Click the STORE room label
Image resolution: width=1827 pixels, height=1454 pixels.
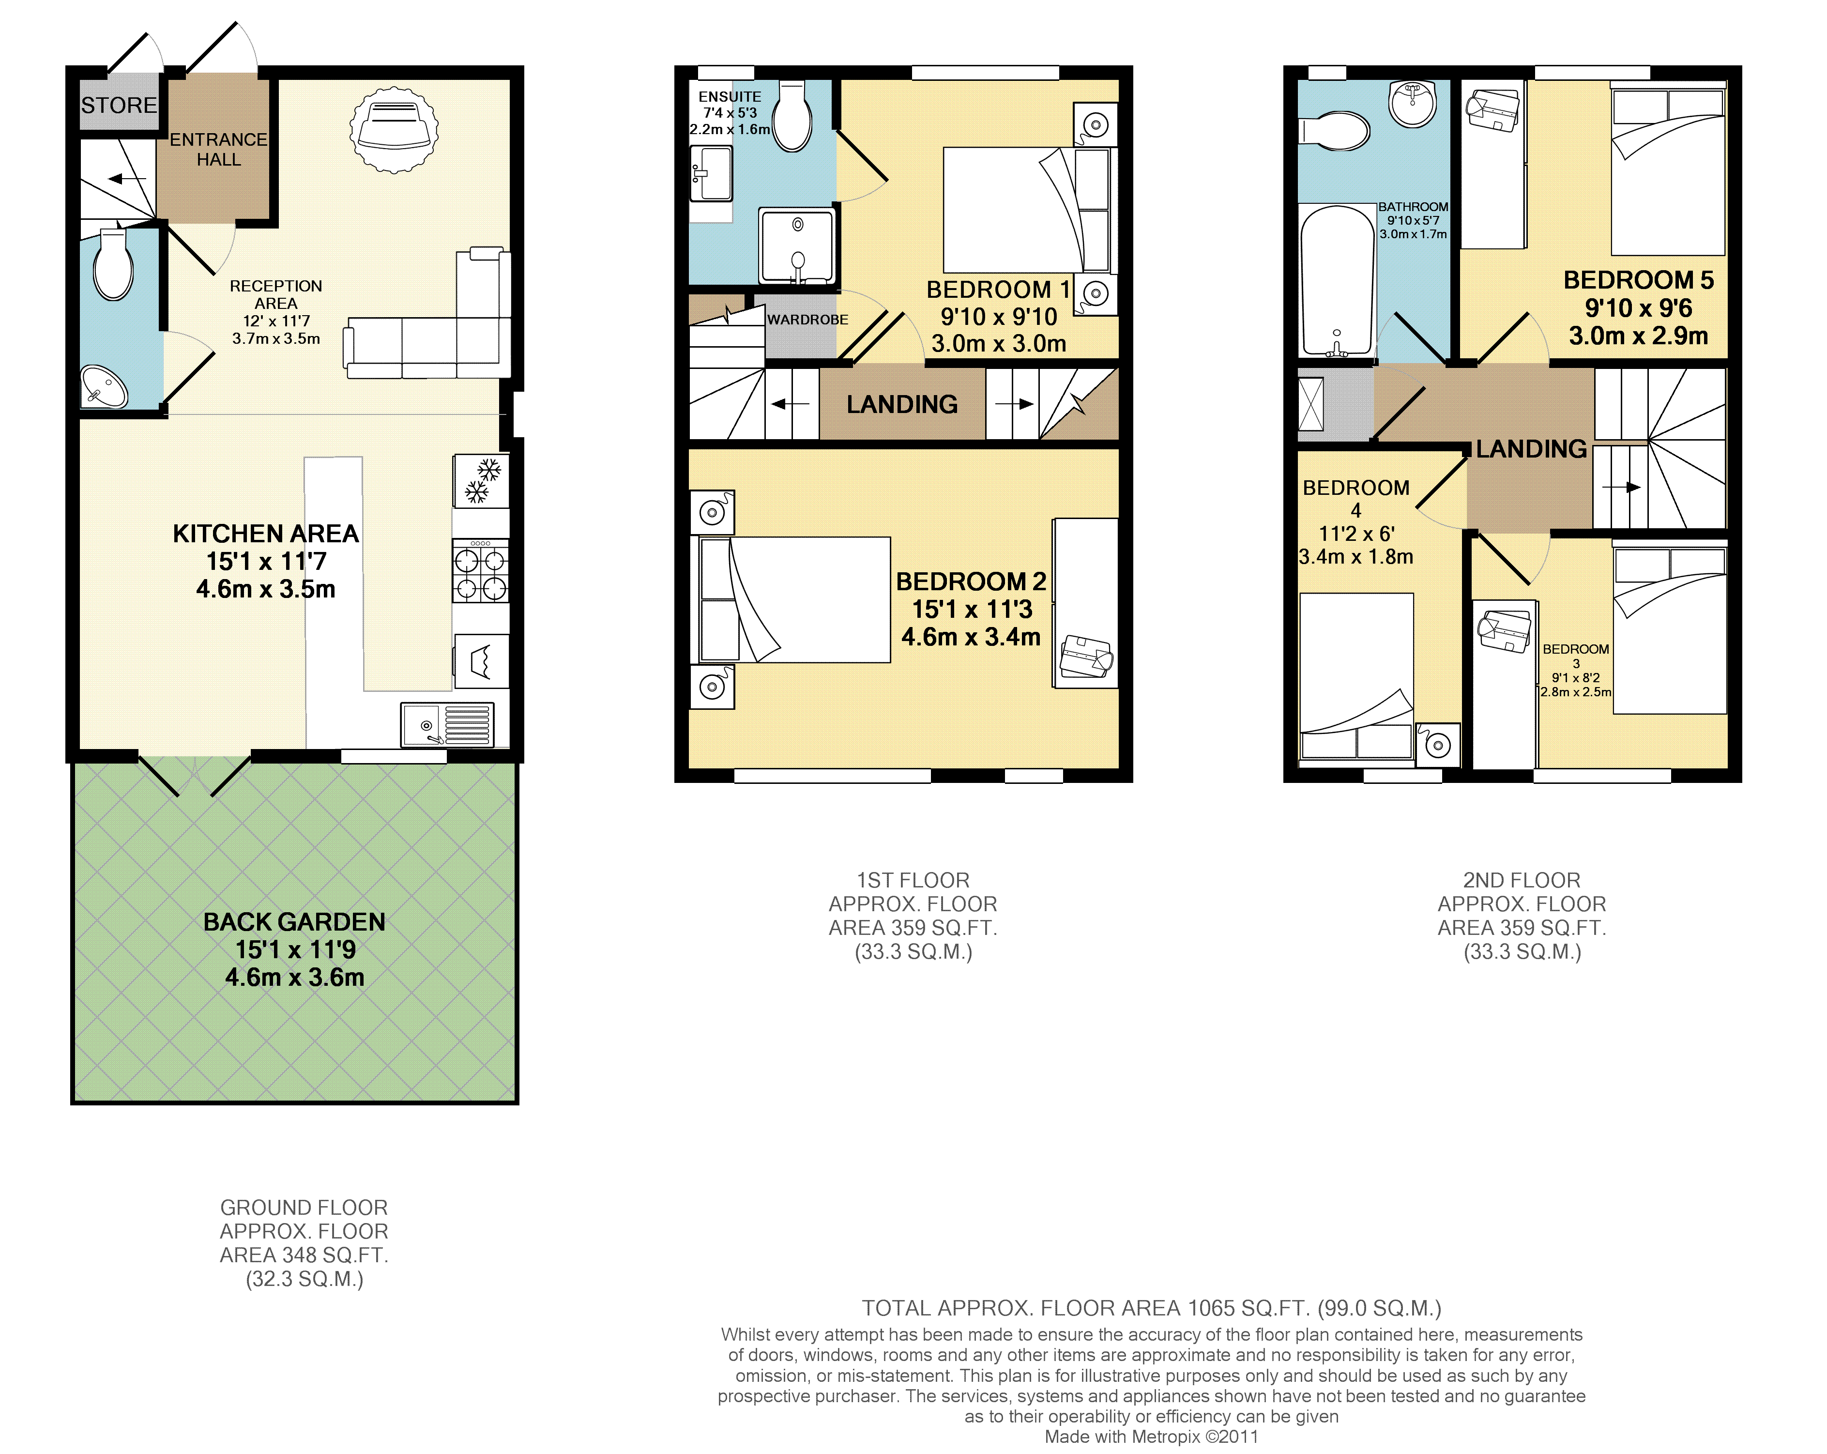tap(120, 106)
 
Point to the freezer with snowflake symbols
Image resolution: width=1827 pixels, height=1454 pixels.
tap(481, 480)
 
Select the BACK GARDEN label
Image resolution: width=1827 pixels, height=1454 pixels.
tap(294, 922)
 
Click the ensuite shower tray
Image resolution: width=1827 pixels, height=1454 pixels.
tap(796, 246)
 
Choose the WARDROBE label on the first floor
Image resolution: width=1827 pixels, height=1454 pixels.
tap(807, 320)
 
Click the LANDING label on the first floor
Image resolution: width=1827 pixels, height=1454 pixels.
tap(902, 405)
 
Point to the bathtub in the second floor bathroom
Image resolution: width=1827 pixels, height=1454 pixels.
tap(1337, 280)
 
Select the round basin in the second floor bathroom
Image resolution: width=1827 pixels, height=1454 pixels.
tap(1413, 104)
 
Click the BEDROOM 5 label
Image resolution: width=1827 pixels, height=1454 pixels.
tap(1639, 280)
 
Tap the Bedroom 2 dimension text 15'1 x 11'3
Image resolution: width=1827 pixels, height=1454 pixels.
tap(972, 609)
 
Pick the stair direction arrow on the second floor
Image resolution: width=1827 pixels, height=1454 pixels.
tap(1622, 487)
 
